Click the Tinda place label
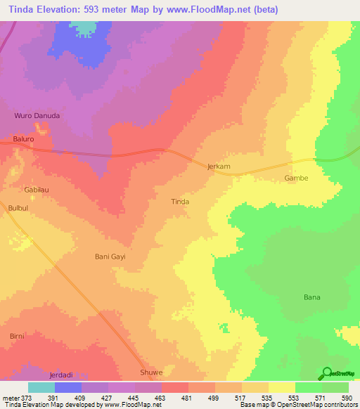tap(180, 202)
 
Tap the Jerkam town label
tap(219, 167)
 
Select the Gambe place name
tap(296, 178)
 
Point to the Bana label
tap(311, 297)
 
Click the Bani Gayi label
tap(110, 257)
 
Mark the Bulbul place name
tap(18, 209)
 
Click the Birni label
tap(18, 337)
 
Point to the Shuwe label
tap(151, 372)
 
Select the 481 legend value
tap(186, 397)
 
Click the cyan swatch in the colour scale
tap(41, 387)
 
